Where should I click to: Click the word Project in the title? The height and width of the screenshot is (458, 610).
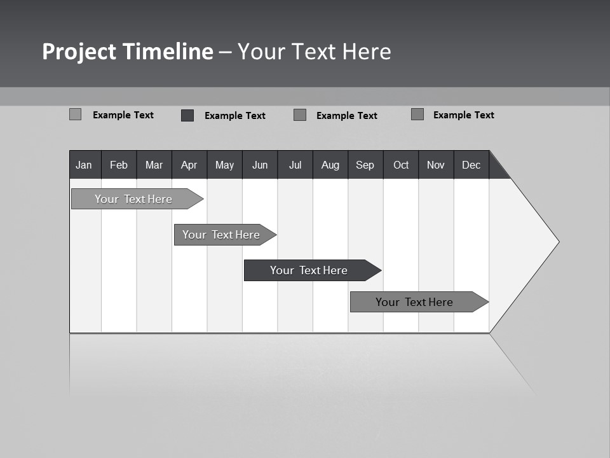(x=79, y=52)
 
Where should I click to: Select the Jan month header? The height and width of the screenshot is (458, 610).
(x=84, y=165)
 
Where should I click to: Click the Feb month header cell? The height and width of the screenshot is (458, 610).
(x=119, y=165)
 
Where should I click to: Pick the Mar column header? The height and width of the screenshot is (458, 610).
(x=154, y=165)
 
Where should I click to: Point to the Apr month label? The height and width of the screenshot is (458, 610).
(x=189, y=165)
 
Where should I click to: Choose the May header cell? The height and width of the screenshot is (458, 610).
(x=224, y=165)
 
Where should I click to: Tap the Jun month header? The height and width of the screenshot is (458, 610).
(x=260, y=165)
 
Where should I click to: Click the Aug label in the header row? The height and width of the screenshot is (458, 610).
(x=330, y=165)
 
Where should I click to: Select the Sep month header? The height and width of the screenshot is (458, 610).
(x=365, y=165)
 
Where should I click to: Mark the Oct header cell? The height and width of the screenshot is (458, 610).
(x=401, y=165)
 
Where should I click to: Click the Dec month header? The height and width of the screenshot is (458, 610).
(x=471, y=165)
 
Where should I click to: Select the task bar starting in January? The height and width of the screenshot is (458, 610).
(x=133, y=199)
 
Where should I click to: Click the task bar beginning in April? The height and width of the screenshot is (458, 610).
(x=222, y=235)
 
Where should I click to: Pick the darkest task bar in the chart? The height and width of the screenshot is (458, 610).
(x=309, y=270)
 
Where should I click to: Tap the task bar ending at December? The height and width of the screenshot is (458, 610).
(x=414, y=302)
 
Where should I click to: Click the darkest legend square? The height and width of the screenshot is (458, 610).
(x=187, y=115)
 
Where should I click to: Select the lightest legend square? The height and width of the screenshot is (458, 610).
(x=75, y=114)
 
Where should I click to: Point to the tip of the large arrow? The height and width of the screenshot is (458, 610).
(x=557, y=242)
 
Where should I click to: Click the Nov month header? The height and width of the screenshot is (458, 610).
(x=436, y=165)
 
